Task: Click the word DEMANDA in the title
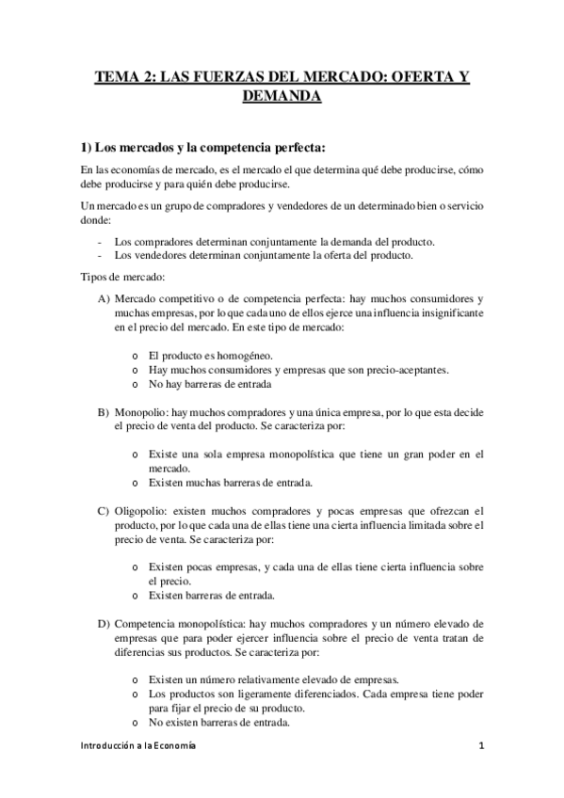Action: coord(282,96)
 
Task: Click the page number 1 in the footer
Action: coord(480,746)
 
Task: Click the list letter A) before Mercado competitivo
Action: coord(103,297)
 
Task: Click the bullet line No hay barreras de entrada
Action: coord(210,384)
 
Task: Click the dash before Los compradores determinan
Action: coord(100,241)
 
